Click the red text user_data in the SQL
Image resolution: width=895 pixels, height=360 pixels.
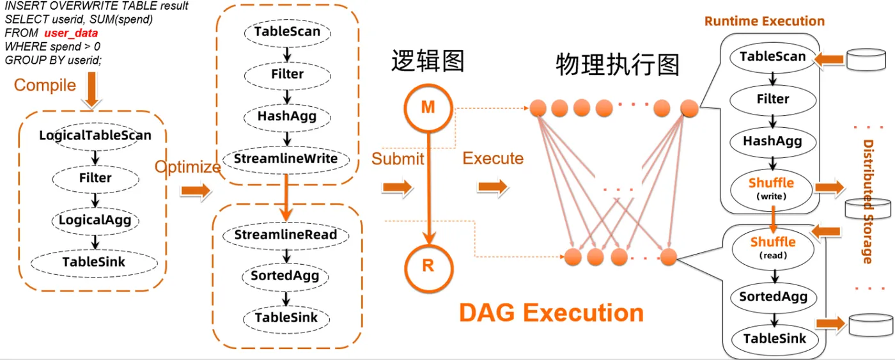tap(71, 33)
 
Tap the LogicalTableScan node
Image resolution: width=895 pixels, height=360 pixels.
tap(95, 136)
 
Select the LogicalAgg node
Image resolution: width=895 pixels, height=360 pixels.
tap(95, 220)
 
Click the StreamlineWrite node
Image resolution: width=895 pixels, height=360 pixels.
tap(286, 159)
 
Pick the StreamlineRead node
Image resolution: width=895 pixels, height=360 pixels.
tap(286, 235)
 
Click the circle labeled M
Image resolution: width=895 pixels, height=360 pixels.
tap(428, 108)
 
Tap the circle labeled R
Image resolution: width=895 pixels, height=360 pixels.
tap(428, 267)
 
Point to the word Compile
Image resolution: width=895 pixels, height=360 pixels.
tap(45, 86)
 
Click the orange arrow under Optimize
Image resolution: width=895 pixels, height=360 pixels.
tap(196, 191)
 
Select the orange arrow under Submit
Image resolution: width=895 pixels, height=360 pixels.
tap(397, 187)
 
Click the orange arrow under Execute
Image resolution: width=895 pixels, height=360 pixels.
tap(493, 187)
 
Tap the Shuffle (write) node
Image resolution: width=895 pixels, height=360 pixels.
tap(771, 189)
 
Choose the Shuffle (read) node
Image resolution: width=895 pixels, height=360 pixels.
tap(773, 247)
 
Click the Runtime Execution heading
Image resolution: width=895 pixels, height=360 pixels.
tap(765, 21)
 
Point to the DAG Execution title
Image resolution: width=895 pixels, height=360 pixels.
tap(551, 313)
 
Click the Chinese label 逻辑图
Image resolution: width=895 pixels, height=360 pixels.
tap(428, 61)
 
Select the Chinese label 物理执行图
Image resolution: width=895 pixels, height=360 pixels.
tap(618, 65)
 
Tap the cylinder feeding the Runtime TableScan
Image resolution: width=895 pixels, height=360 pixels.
tap(866, 59)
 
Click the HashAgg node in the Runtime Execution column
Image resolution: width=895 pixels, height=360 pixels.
tap(773, 141)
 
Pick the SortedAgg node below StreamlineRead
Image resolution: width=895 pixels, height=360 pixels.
tap(285, 276)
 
